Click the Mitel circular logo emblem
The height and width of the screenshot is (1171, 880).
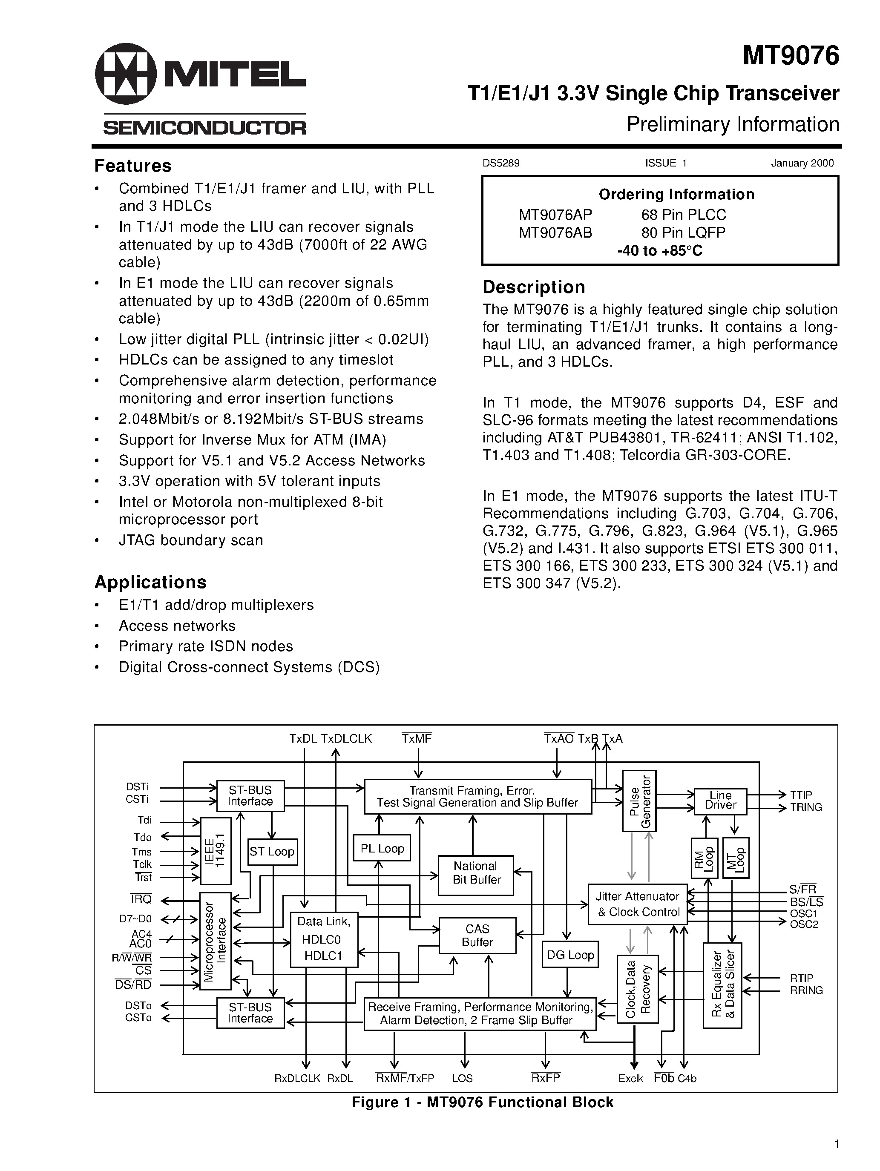[x=126, y=74]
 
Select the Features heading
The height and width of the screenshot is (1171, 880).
[x=133, y=166]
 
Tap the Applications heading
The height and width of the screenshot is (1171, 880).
[x=150, y=582]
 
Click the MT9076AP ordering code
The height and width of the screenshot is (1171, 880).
[x=555, y=215]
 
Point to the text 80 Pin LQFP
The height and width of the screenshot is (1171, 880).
[x=683, y=232]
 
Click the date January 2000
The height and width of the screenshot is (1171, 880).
[x=802, y=163]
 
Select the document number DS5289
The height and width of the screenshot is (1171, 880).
[x=501, y=163]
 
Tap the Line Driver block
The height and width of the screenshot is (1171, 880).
[x=720, y=800]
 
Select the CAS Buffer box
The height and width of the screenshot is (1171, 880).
[x=477, y=936]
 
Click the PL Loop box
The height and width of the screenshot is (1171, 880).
[x=382, y=849]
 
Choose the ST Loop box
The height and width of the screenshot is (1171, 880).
[x=272, y=851]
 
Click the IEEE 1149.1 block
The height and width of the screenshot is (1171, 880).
[x=216, y=851]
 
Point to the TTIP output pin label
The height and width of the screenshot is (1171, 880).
[x=801, y=795]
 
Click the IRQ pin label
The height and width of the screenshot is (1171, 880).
[x=141, y=899]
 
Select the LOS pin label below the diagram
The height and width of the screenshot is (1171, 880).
[x=462, y=1078]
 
